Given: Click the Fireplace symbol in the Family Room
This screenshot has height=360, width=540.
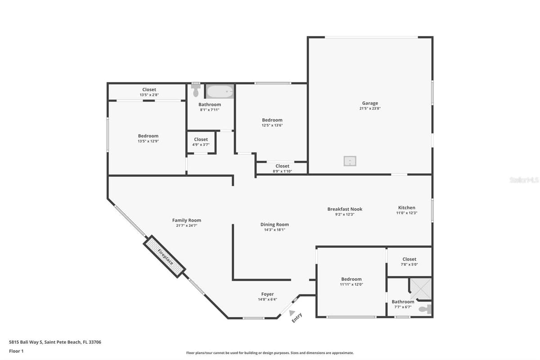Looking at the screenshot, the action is (164, 256).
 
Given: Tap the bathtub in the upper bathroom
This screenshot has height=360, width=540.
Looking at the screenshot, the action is (220, 91).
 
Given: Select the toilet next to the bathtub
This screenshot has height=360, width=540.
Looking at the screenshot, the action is (196, 90).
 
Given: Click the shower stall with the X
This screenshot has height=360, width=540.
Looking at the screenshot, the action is (421, 288).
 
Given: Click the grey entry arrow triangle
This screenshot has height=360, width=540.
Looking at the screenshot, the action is (292, 312).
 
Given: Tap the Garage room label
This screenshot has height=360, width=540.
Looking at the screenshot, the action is (370, 103).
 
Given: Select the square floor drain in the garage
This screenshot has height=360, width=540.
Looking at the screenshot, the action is (350, 161).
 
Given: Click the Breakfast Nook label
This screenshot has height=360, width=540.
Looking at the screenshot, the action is (345, 209).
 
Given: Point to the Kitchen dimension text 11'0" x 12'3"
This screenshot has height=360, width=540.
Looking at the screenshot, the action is (407, 213).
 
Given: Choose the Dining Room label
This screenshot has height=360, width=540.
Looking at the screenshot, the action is (274, 225).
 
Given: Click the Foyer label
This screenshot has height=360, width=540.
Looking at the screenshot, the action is (267, 294).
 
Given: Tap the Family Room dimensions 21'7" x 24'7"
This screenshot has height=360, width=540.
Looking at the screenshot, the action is (187, 226).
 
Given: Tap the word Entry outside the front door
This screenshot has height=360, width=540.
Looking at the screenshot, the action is (297, 318).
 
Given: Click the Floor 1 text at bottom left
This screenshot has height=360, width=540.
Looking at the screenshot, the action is (16, 351).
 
